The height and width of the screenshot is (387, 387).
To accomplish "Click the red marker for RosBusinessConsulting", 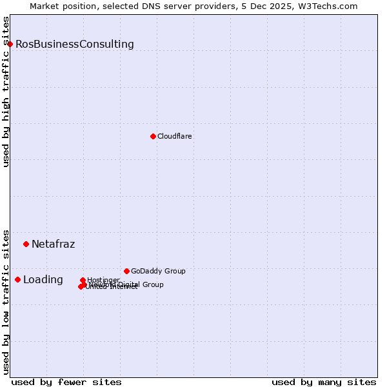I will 10,44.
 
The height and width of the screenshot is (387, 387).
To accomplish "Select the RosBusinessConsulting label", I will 75,45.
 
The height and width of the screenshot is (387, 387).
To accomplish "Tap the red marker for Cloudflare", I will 153,136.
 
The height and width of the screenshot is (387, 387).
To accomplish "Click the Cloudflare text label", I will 175,137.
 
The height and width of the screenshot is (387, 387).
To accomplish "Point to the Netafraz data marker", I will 26,244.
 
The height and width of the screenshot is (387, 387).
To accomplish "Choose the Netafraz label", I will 54,244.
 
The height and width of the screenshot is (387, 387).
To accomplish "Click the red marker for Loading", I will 18,279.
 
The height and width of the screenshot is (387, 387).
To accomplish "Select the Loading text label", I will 43,280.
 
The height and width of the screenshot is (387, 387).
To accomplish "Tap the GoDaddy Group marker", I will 126,271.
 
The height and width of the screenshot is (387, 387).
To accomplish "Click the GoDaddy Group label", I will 158,272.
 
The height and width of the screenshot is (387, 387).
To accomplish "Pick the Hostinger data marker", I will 83,280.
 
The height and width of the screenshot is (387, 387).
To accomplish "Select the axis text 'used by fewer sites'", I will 66,382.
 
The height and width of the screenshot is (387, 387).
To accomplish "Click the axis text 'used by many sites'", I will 324,382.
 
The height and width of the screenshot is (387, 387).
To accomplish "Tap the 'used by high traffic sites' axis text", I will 6,92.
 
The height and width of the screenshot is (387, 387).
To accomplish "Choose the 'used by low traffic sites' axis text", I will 6,302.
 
